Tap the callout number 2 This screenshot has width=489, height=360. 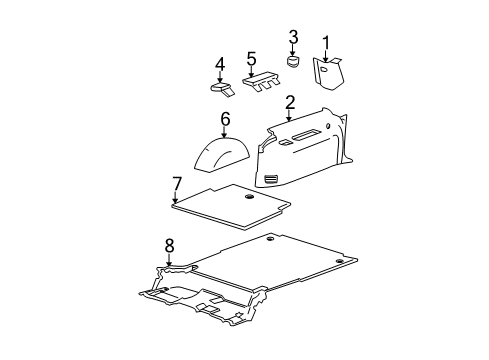(x=289, y=102)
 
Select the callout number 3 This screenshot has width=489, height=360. (x=293, y=38)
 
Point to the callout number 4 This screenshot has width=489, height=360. (x=220, y=66)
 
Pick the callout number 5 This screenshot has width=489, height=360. (x=252, y=58)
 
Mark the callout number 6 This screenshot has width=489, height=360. (x=225, y=119)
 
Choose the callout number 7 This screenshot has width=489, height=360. (x=176, y=183)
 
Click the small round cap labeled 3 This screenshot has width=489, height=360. (x=294, y=62)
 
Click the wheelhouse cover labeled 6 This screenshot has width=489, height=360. (x=225, y=155)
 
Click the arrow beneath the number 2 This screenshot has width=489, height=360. (x=289, y=115)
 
